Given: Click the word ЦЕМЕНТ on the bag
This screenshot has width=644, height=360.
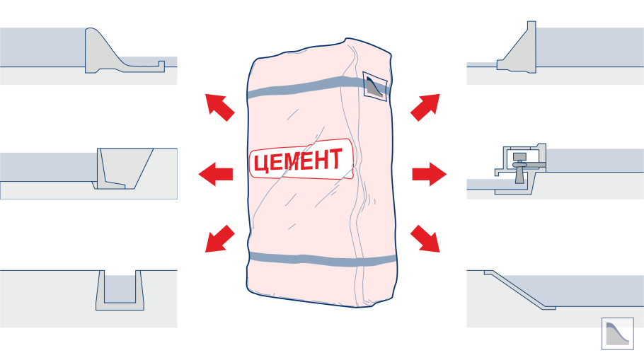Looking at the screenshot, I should [x=299, y=161].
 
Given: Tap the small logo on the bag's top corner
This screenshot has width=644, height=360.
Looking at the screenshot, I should [x=374, y=86].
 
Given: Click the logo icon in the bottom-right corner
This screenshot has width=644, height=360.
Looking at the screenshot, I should [x=617, y=333].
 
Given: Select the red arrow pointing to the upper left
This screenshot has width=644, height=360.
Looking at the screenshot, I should [x=219, y=107].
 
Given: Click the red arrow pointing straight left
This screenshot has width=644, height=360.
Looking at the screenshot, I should [x=215, y=174].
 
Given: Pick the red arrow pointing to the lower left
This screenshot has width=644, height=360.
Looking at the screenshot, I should [x=219, y=239].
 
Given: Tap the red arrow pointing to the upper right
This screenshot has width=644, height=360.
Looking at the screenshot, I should [x=425, y=107].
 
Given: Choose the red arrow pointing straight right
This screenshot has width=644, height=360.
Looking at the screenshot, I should [x=430, y=174].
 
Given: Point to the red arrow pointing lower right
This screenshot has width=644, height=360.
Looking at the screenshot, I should [x=425, y=239].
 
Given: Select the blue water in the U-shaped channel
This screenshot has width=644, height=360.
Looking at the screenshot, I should [x=120, y=288].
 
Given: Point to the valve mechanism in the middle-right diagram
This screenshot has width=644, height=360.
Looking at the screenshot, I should [x=520, y=165].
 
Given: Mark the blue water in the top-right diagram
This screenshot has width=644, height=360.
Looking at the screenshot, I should [x=587, y=46].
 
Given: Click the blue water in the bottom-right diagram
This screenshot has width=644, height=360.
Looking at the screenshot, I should [x=587, y=289].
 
